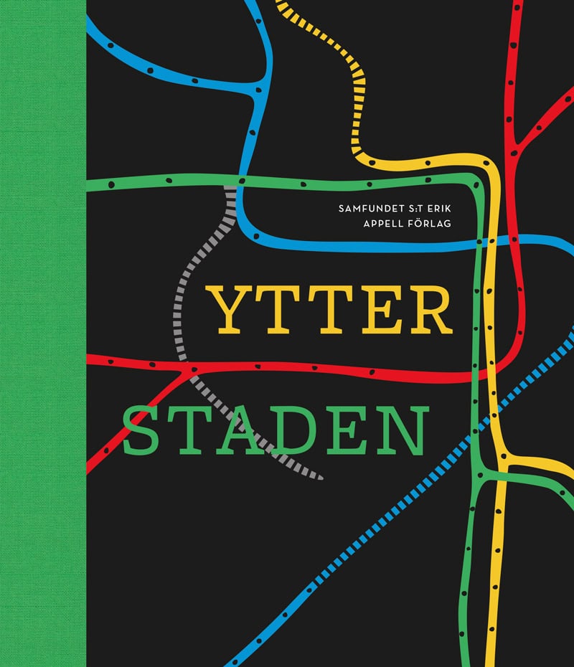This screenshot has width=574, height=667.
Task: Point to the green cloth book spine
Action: (x=43, y=333)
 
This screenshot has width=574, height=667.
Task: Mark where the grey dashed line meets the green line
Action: (x=230, y=185)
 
